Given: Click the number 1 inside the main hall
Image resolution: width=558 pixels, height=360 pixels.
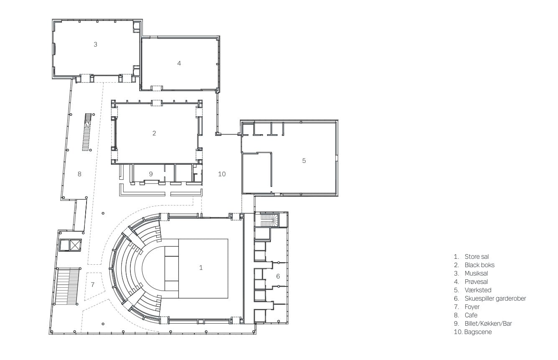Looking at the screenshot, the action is point(201,268).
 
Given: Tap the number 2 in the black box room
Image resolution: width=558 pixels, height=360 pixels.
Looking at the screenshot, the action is point(154,133).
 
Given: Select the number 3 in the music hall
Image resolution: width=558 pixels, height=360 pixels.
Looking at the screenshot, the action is point(95,44).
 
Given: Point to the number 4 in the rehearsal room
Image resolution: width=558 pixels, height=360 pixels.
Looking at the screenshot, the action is point(179,63).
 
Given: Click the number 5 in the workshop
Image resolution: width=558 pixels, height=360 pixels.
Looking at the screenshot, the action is point(304,161).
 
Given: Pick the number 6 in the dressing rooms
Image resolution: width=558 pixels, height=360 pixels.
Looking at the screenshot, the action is point(278,276).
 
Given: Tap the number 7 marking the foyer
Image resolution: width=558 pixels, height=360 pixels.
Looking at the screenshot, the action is point(93,284).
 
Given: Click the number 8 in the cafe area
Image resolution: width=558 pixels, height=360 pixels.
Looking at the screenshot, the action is point(79,174).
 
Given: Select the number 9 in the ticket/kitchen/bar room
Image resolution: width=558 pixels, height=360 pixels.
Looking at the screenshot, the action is point(151,174).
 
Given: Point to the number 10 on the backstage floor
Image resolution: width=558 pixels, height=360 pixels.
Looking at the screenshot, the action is point(222,174).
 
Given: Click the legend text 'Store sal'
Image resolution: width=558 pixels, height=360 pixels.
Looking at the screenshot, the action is point(476,257).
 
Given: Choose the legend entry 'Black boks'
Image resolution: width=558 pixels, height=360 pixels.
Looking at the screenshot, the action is point(479,265).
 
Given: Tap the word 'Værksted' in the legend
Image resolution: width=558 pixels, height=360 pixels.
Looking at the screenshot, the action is point(478,290).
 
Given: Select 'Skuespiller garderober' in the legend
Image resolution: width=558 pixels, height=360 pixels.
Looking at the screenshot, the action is point(495,299).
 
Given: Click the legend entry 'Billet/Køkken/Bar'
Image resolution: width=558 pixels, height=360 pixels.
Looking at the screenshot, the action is point(488,323).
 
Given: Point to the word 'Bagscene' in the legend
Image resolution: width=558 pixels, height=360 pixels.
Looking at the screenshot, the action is point(478,332).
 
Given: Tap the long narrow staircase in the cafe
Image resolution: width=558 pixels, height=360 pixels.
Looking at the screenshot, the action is point(87,132).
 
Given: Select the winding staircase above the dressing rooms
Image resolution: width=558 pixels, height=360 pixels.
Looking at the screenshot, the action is point(270,220).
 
